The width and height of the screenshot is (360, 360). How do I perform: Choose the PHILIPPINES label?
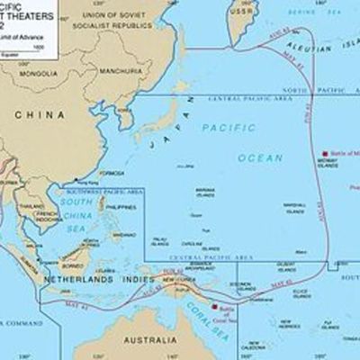tap(117, 208)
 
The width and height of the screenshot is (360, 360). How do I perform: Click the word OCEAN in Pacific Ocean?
tap(260, 157)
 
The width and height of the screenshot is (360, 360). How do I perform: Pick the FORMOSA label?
tap(112, 172)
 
